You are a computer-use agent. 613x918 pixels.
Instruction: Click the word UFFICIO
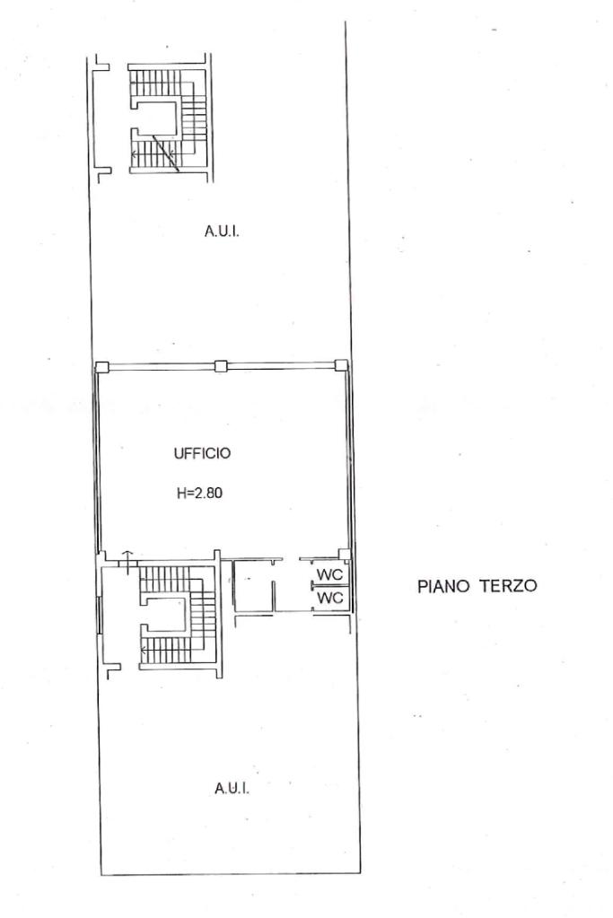click(x=202, y=452)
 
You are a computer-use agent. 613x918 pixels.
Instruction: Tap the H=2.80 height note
click(x=199, y=493)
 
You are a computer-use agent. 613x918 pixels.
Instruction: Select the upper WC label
click(x=329, y=575)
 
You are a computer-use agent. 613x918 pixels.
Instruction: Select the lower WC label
click(x=329, y=599)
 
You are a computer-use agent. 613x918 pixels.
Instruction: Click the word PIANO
click(x=443, y=586)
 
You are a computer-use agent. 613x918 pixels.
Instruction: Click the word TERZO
click(x=508, y=586)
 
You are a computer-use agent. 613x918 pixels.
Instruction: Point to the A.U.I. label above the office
click(x=222, y=232)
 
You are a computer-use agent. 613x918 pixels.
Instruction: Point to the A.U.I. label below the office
click(x=232, y=789)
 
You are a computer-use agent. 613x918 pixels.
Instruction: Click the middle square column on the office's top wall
click(x=221, y=366)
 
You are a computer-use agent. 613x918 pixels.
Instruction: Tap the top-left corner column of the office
click(x=102, y=367)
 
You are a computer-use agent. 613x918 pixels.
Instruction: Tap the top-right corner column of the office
click(x=341, y=365)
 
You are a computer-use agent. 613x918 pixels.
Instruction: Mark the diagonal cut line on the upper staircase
click(x=166, y=153)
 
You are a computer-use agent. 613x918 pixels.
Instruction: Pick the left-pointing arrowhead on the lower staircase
click(x=144, y=650)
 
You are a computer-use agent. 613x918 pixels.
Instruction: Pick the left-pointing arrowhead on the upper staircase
click(x=134, y=154)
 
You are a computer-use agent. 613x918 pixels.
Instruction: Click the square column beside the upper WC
click(x=345, y=554)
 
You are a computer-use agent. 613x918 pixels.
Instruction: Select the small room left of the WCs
click(x=253, y=586)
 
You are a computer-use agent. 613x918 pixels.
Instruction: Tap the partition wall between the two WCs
click(x=331, y=586)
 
